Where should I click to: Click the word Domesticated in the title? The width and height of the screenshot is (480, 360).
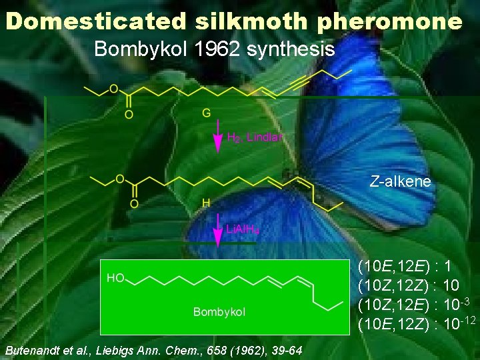tap(97, 21)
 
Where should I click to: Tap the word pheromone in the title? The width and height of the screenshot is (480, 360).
tap(389, 21)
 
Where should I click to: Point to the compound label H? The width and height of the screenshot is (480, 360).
tap(207, 202)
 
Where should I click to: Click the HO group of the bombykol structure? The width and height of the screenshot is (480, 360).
tap(115, 278)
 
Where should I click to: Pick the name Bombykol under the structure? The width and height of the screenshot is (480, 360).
tap(219, 312)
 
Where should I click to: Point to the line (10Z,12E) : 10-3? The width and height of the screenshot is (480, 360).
tap(413, 305)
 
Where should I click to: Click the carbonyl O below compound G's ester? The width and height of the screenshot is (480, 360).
tap(129, 114)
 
